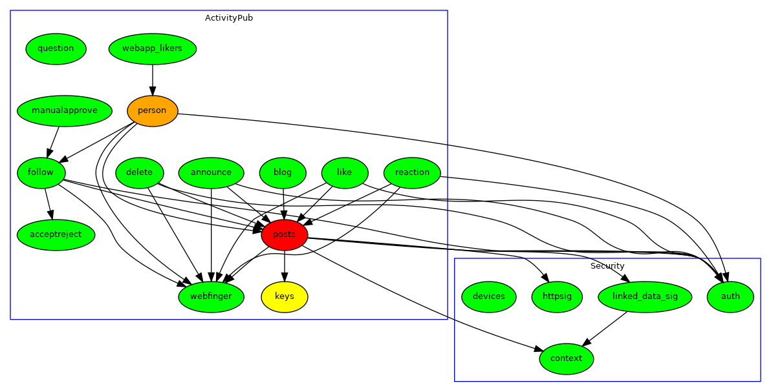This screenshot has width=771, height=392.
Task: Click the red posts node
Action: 284,234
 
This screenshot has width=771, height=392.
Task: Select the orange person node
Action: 153,110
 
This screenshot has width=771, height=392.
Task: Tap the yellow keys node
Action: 284,296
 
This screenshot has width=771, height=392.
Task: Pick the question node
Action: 56,48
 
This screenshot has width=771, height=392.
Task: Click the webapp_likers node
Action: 153,48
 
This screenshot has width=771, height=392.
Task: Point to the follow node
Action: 41,172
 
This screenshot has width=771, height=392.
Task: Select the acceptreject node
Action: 56,234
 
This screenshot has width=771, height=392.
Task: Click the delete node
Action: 140,172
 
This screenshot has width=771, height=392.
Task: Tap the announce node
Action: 211,172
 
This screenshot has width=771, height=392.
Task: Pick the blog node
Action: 283,172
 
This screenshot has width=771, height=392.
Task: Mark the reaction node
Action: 412,172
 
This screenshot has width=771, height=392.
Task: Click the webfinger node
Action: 211,296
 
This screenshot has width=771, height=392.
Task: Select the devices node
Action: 489,296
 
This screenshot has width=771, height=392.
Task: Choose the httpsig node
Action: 557,296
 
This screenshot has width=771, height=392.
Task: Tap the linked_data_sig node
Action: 644,296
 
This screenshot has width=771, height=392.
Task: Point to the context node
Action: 567,358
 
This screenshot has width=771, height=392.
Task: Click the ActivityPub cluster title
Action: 229,18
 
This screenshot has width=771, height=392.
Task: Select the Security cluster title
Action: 607,266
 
